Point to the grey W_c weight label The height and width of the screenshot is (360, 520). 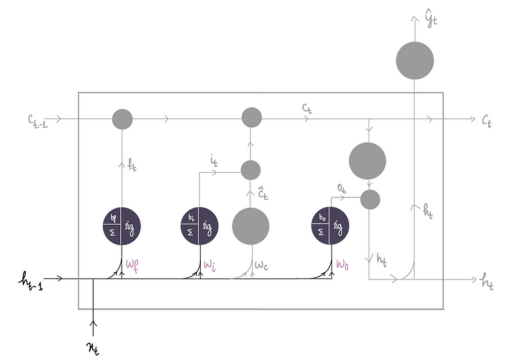click(261, 265)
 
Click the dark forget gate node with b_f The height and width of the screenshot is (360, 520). click(122, 225)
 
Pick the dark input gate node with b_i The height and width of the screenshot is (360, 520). click(199, 225)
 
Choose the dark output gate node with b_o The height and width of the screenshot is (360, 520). click(331, 225)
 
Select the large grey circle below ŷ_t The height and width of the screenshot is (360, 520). click(415, 60)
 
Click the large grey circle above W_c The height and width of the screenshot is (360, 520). click(251, 225)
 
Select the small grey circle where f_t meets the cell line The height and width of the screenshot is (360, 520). click(122, 119)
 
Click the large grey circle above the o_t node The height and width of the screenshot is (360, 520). click(367, 161)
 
